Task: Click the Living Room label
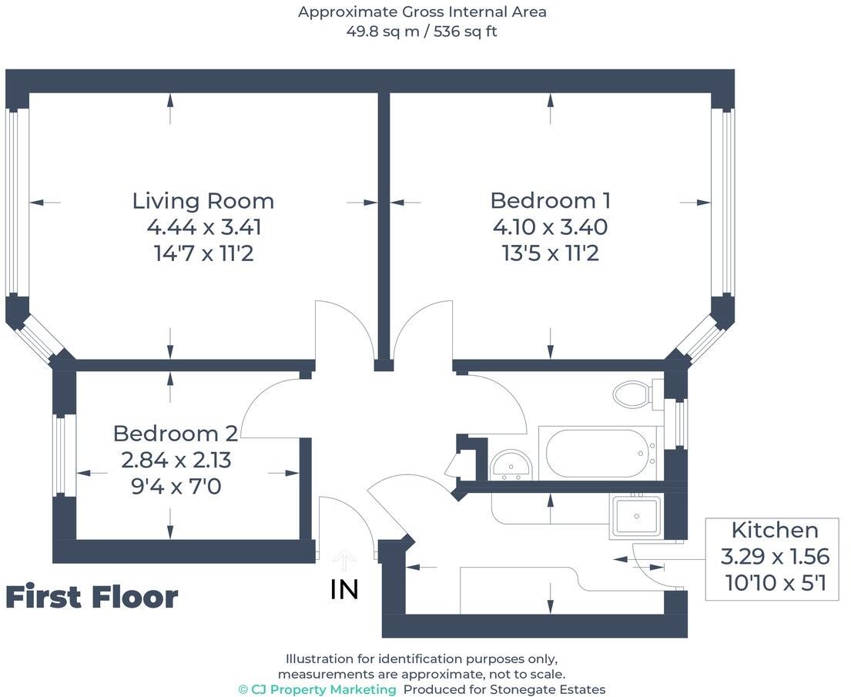(203, 201)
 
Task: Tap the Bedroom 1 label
(550, 200)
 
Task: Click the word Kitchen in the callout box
(774, 530)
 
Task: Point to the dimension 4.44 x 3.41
(204, 227)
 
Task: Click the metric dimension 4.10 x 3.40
(550, 227)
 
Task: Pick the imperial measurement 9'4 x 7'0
(176, 487)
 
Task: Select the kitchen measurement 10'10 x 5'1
(774, 583)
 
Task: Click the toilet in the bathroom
(633, 394)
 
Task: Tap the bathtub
(598, 453)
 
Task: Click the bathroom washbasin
(511, 464)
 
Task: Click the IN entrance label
(344, 590)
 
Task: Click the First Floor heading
(92, 597)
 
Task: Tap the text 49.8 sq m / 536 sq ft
(422, 32)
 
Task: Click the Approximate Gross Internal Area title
(422, 12)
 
